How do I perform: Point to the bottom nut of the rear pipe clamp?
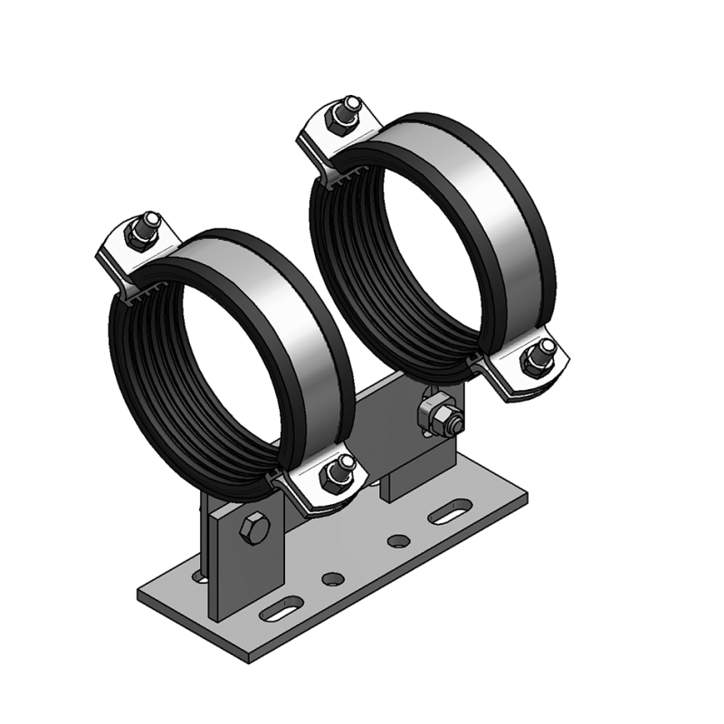click(535, 359)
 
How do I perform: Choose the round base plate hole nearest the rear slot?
click(396, 541)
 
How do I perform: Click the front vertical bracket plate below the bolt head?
click(240, 579)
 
